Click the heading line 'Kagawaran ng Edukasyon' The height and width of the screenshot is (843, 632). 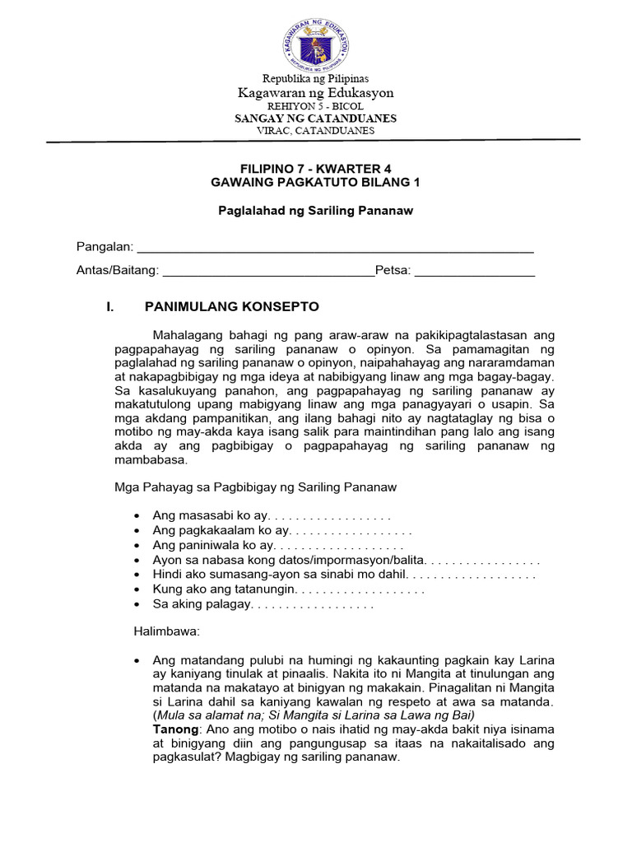[316, 93]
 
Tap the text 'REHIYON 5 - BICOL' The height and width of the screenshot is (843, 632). [316, 106]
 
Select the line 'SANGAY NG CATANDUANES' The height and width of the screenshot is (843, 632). [316, 119]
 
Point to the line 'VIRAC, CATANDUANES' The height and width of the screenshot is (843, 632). [316, 130]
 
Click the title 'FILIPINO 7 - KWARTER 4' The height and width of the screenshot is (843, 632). [316, 169]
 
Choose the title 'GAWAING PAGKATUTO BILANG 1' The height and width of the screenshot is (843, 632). [316, 183]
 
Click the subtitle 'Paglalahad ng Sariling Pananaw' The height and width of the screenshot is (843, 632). [316, 211]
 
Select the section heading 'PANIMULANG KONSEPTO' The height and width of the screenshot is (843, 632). [231, 306]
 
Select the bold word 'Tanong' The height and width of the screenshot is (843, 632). [174, 729]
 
